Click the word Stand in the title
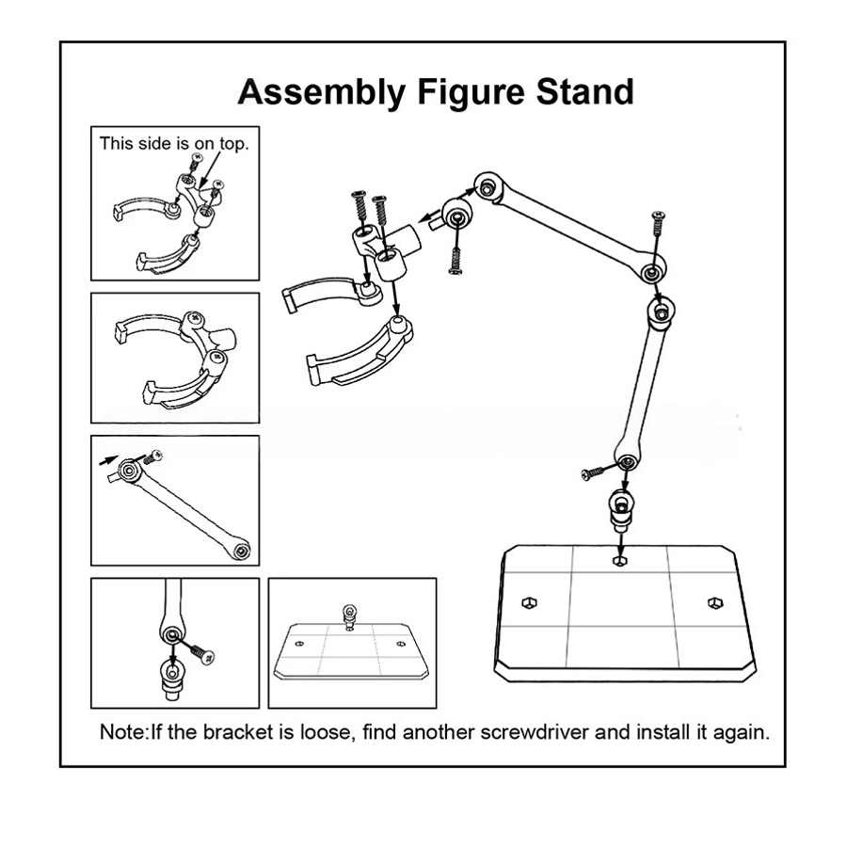pyautogui.click(x=584, y=92)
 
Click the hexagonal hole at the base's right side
pyautogui.click(x=713, y=601)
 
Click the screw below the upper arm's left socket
pyautogui.click(x=455, y=254)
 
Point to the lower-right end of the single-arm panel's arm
pyautogui.click(x=242, y=548)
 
